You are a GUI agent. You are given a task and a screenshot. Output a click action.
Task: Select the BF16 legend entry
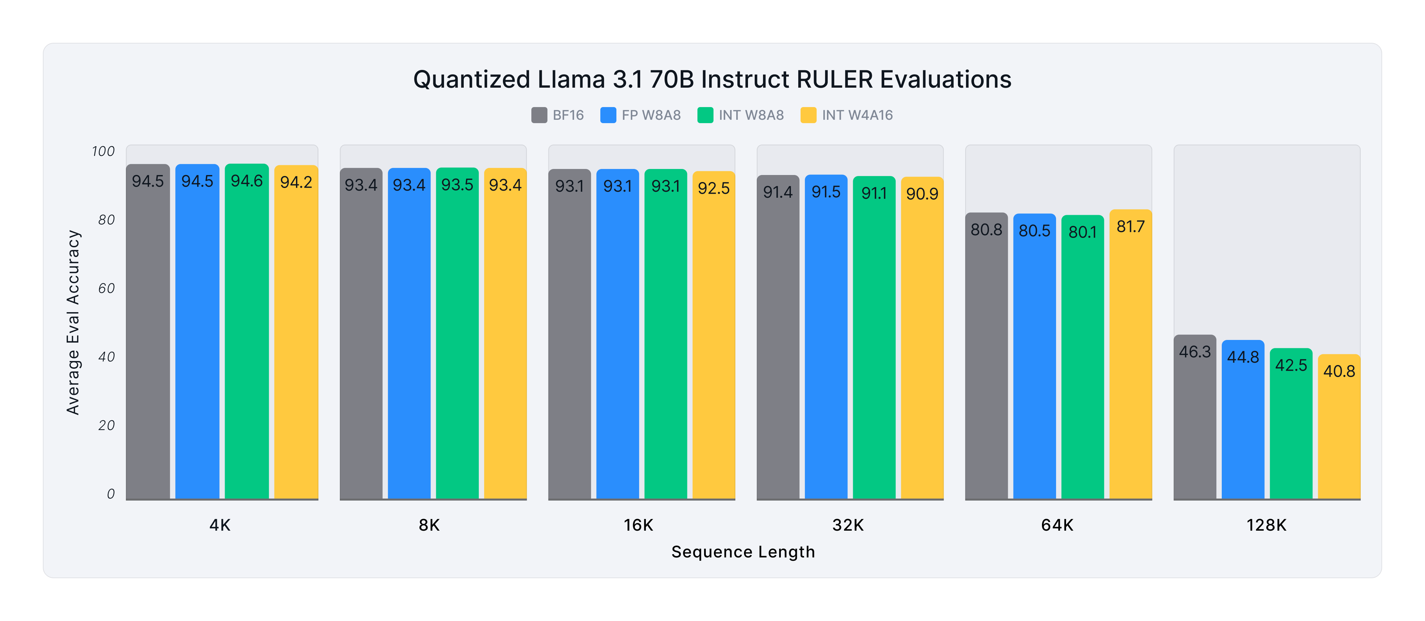557,115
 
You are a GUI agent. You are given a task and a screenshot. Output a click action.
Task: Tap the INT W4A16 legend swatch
808,115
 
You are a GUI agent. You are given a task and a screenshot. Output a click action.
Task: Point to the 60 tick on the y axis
106,288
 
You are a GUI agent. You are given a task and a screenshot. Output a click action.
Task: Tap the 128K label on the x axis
1266,525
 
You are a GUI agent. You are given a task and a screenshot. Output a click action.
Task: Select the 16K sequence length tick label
639,525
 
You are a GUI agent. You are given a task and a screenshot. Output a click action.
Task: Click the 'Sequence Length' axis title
743,552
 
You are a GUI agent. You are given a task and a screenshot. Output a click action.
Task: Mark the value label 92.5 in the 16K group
714,188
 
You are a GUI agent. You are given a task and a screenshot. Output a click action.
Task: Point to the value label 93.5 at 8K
457,185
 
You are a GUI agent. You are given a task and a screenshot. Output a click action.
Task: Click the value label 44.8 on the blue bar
1243,357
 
